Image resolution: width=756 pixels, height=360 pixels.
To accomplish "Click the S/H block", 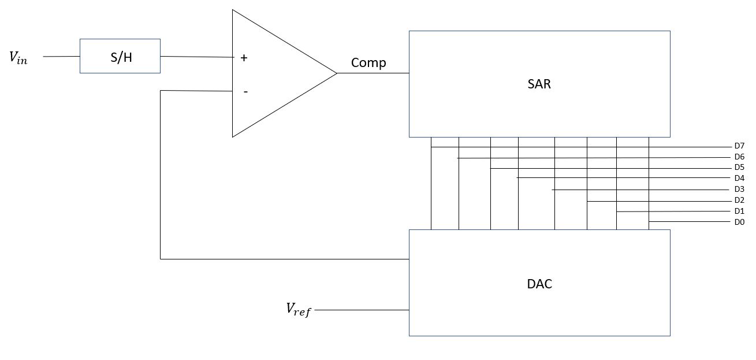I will (120, 56).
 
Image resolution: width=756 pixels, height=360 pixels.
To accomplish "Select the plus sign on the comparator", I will (244, 58).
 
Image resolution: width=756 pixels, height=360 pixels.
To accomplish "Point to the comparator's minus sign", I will (245, 91).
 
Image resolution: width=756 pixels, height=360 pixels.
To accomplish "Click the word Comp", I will (368, 63).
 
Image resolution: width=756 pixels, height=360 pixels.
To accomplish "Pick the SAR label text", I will (539, 84).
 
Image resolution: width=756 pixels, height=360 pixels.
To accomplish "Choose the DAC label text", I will (539, 284).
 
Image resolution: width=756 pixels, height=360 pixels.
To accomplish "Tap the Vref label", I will (299, 310).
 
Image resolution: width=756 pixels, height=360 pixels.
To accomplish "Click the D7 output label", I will (739, 146).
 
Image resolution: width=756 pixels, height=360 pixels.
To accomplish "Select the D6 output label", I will (739, 157).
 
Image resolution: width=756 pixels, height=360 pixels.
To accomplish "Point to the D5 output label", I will (739, 168).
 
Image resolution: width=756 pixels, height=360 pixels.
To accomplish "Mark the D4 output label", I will (739, 179).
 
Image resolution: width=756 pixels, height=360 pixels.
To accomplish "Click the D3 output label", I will (739, 190).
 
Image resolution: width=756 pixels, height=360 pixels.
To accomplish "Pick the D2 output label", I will (739, 201).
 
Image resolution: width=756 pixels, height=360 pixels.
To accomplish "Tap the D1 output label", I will (739, 211).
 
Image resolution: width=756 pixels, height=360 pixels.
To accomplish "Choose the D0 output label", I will (739, 222).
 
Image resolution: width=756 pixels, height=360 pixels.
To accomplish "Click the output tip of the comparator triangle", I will (336, 73).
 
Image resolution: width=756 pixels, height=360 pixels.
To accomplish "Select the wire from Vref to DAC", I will (362, 310).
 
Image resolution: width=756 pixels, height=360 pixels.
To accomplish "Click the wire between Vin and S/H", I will (61, 57).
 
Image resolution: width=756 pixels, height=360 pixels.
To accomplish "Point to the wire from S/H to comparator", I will (196, 57).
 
